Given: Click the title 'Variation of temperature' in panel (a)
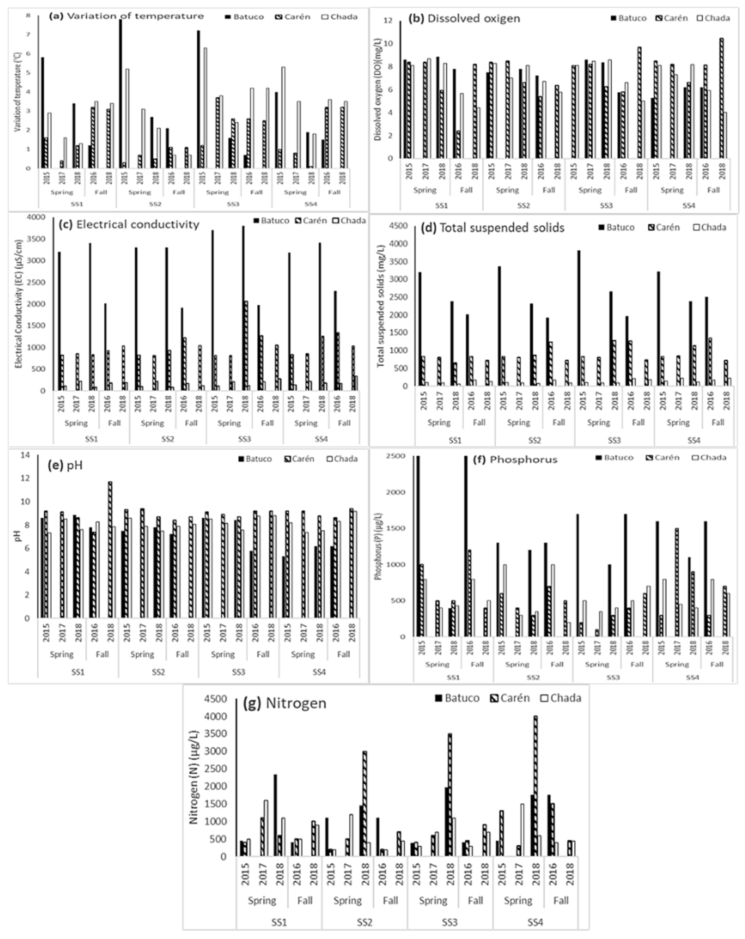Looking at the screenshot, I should [135, 16].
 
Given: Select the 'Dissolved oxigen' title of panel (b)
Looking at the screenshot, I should [474, 18].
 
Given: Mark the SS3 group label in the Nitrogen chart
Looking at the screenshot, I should [450, 922].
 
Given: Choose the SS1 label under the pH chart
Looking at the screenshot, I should [78, 672].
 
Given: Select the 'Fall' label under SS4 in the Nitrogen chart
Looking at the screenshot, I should [561, 900].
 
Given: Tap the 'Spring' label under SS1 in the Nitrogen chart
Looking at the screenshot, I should [262, 900].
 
